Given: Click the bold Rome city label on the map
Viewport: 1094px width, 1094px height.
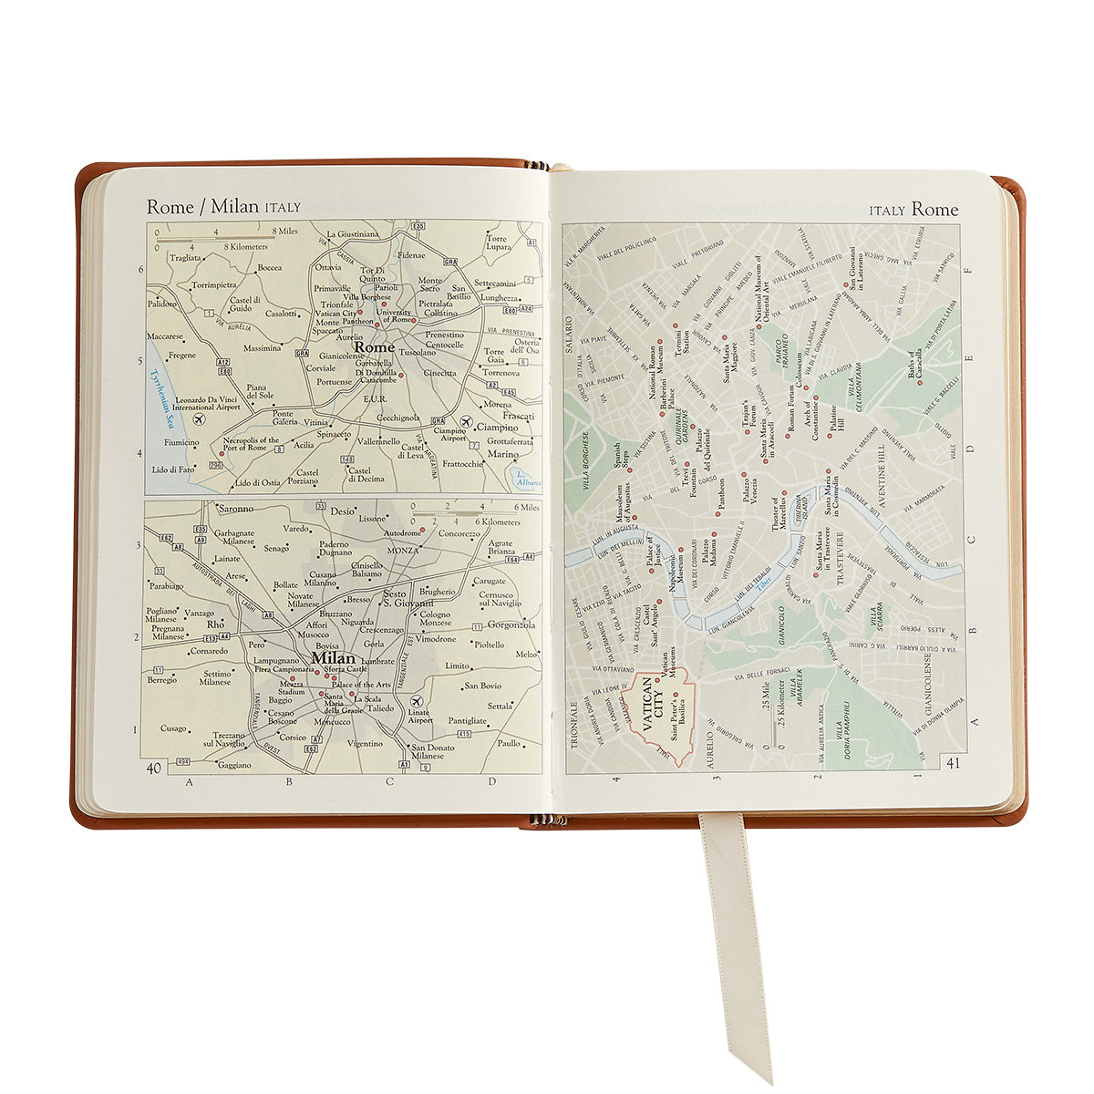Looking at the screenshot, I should click(374, 347).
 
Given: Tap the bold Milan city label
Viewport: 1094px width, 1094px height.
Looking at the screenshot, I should click(333, 658).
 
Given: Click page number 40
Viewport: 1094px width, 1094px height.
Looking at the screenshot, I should click(154, 768).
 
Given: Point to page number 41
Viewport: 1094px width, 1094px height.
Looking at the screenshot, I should click(954, 763).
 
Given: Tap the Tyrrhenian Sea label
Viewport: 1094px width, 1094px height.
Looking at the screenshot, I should click(163, 397).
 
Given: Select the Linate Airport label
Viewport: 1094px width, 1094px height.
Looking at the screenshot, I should click(420, 716).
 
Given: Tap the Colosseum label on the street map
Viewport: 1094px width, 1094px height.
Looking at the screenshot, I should click(800, 373).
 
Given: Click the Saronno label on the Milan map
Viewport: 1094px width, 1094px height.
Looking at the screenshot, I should click(235, 509).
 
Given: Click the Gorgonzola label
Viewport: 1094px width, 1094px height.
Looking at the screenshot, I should click(511, 625).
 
